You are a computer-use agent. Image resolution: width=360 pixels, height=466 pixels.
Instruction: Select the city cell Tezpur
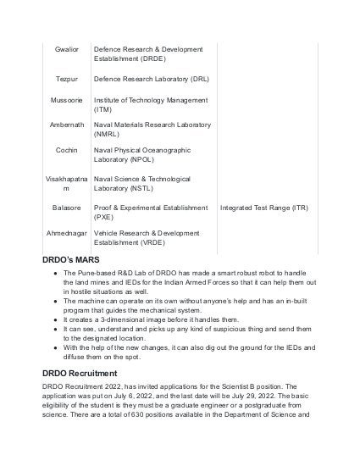[x=66, y=79]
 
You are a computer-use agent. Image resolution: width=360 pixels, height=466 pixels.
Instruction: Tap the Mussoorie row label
[x=66, y=100]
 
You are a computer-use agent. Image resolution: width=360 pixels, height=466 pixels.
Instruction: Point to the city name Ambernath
[x=66, y=125]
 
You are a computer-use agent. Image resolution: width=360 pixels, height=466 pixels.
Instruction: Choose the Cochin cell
[x=66, y=150]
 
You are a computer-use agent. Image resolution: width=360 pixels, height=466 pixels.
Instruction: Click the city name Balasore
[x=66, y=207]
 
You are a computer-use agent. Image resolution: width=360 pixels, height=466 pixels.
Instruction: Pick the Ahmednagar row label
[x=66, y=231]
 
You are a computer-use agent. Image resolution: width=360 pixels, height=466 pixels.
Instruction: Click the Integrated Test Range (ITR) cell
[x=264, y=207]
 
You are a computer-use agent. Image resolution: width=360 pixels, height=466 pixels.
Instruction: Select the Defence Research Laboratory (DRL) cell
[x=152, y=79]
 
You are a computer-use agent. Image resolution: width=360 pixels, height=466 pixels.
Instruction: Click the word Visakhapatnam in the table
[x=66, y=183]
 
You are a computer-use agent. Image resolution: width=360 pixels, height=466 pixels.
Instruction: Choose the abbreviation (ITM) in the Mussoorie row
[x=102, y=109]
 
